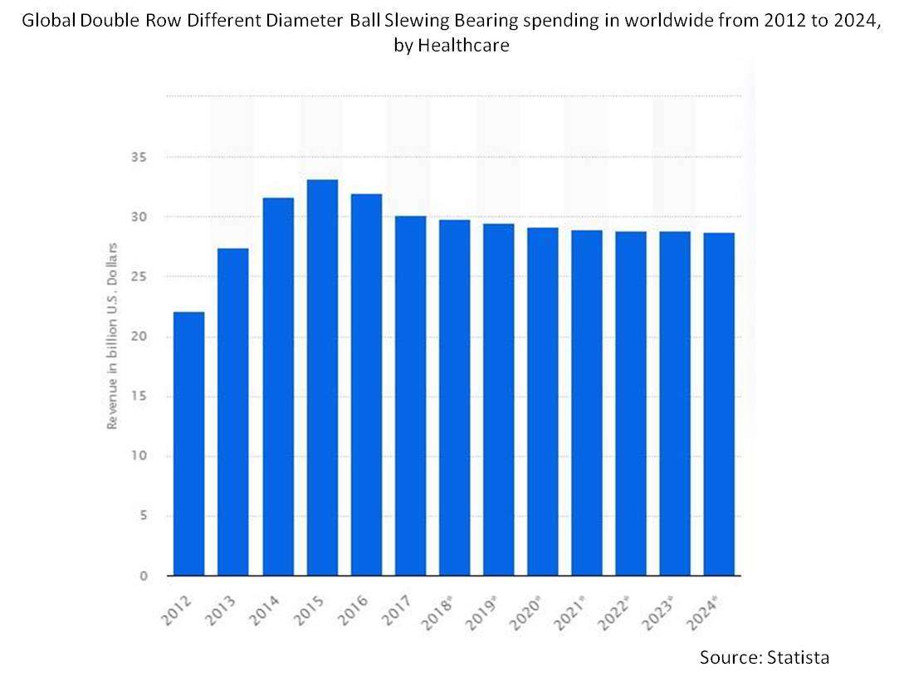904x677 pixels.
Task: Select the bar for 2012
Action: pyautogui.click(x=189, y=444)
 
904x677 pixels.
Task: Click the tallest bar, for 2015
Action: pyautogui.click(x=322, y=377)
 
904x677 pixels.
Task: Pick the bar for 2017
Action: pyautogui.click(x=410, y=396)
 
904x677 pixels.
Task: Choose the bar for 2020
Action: pyautogui.click(x=542, y=402)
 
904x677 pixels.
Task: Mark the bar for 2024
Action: pyautogui.click(x=719, y=404)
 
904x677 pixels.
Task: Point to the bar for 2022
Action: pyautogui.click(x=631, y=403)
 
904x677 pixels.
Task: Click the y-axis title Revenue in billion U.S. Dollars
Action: pyautogui.click(x=112, y=335)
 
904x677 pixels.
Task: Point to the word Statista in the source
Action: pyautogui.click(x=799, y=657)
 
